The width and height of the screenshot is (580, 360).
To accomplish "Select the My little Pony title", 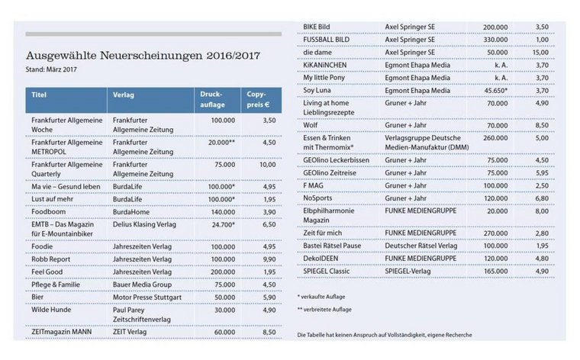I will pos(330,78).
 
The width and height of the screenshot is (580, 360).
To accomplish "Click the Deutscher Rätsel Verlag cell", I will pos(420,246).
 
